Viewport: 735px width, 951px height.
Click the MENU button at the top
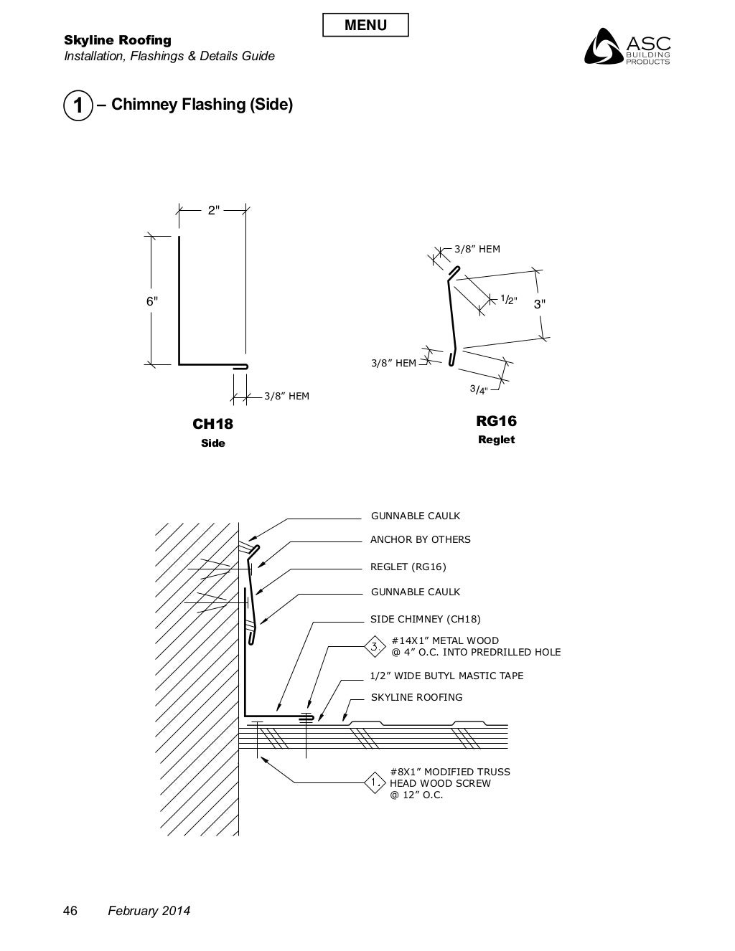pyautogui.click(x=365, y=25)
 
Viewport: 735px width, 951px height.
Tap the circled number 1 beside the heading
pyautogui.click(x=78, y=105)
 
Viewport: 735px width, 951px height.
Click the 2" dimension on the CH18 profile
pyautogui.click(x=213, y=210)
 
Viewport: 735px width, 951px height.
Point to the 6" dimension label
pyautogui.click(x=152, y=301)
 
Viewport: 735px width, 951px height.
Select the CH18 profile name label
pyautogui.click(x=212, y=424)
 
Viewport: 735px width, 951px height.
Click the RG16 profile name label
pyautogui.click(x=496, y=421)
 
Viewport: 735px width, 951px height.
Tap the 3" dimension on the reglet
pyautogui.click(x=539, y=303)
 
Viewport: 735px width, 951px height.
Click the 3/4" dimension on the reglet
pyautogui.click(x=479, y=389)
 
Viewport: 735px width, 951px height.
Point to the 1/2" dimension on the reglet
pyautogui.click(x=508, y=300)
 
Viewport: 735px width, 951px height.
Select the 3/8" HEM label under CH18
pyautogui.click(x=286, y=396)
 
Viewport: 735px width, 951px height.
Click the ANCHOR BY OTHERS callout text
pyautogui.click(x=420, y=539)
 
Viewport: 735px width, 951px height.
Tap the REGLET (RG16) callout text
pyautogui.click(x=408, y=567)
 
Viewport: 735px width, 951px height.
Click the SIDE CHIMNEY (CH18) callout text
pyautogui.click(x=425, y=619)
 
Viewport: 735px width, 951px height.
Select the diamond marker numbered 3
pyautogui.click(x=374, y=646)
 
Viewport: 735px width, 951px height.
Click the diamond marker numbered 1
pyautogui.click(x=375, y=783)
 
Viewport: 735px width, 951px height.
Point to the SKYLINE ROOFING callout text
pyautogui.click(x=416, y=697)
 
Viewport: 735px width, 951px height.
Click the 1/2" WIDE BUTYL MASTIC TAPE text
pyautogui.click(x=446, y=676)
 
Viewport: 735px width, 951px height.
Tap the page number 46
pyautogui.click(x=70, y=911)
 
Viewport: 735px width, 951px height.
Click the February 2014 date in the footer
pyautogui.click(x=149, y=911)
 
